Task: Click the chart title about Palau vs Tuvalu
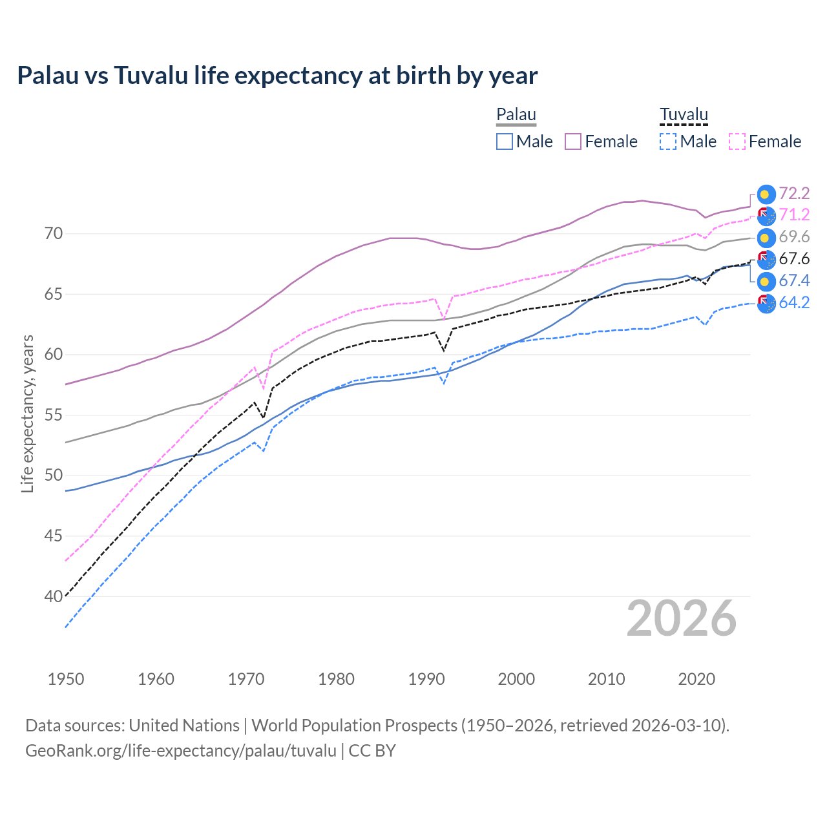pos(277,76)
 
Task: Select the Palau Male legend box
pos(505,141)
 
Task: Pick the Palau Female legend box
pos(573,141)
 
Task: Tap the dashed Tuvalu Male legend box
pos(668,141)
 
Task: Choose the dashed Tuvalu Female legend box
pos(737,141)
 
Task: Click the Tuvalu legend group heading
pos(684,115)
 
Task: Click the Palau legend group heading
pos(516,115)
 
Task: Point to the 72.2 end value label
pos(794,193)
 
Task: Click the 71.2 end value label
pos(794,215)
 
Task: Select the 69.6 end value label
pos(794,237)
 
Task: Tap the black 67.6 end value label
pos(794,259)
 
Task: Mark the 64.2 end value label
pos(794,302)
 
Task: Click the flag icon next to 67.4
pos(766,281)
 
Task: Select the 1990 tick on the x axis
pos(426,679)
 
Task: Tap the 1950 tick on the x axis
pos(66,679)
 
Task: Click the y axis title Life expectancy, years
pos(28,413)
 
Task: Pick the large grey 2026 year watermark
pos(681,618)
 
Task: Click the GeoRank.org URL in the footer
pos(181,751)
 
